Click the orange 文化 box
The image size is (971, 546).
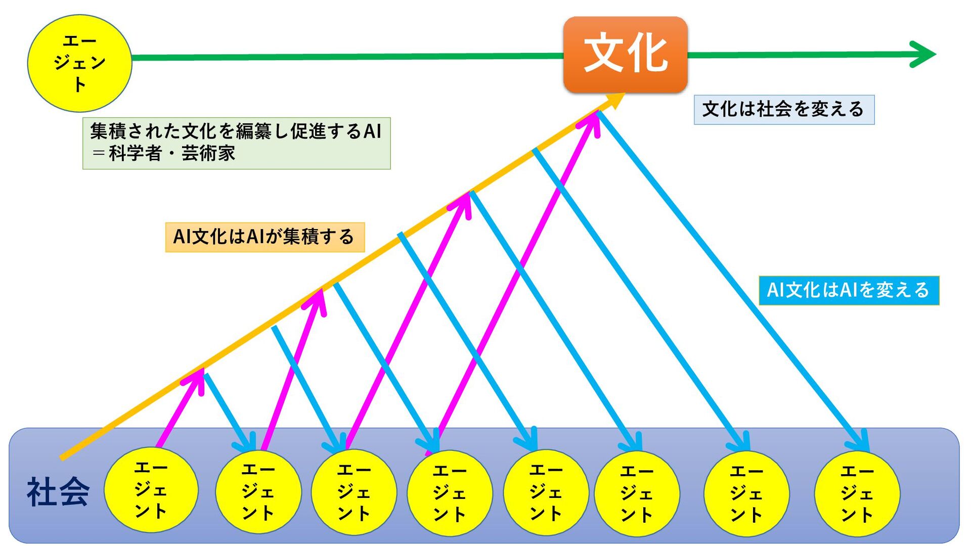coord(625,55)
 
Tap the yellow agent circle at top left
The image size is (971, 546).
coord(79,63)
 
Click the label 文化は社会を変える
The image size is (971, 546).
coord(783,109)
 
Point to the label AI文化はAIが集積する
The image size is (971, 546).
coord(264,237)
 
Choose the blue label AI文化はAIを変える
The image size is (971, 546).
coord(849,290)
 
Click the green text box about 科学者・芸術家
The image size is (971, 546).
coord(236,143)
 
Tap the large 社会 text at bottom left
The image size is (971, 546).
coord(58,492)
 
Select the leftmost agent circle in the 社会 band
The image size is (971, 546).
coord(151,489)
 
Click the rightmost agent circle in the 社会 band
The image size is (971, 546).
coord(857,493)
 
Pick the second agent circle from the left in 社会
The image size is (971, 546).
coord(258,491)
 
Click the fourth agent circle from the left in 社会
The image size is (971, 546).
coord(450,492)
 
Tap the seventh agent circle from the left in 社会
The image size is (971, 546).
coord(746,493)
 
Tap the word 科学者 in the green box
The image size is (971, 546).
coord(136,153)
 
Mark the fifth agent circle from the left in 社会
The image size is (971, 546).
coord(546,492)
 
